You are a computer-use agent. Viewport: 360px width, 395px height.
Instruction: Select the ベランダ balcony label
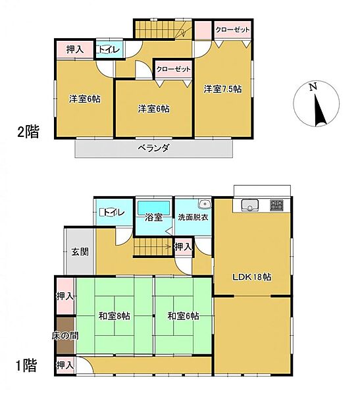tap(153, 148)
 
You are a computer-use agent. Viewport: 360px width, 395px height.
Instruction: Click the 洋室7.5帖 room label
tap(222, 89)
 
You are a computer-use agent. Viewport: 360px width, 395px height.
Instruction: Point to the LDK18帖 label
tap(252, 277)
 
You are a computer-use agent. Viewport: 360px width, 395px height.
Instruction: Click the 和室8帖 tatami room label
tap(115, 316)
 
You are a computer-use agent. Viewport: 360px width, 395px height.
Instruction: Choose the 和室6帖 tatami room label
tap(182, 316)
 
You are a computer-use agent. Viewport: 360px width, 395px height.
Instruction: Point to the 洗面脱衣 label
tap(192, 218)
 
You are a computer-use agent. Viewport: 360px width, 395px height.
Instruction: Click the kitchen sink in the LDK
tap(250, 204)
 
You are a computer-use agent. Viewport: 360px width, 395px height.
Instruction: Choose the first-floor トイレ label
tap(110, 212)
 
